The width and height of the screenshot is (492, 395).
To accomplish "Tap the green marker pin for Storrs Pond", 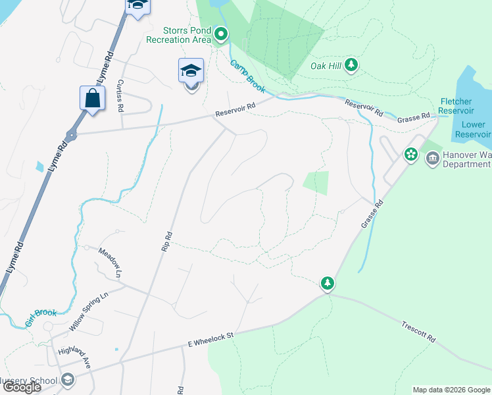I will (x=221, y=34).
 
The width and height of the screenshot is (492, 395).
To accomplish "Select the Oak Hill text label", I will (x=326, y=65).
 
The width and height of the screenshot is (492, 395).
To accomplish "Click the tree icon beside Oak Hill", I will (x=352, y=65).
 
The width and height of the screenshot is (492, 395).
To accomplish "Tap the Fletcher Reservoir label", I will (x=456, y=106).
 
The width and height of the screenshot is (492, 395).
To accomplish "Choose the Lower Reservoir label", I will (x=474, y=129).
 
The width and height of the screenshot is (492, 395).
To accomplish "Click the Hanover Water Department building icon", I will (x=432, y=158).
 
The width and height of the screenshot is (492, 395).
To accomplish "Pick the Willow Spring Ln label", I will (x=88, y=312).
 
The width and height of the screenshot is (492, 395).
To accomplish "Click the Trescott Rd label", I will (x=419, y=330).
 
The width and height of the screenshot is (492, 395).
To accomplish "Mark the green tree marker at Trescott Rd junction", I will (x=328, y=284).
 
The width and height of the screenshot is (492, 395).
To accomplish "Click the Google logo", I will (x=21, y=387).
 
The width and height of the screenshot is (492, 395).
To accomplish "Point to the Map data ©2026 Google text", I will (x=451, y=390).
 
